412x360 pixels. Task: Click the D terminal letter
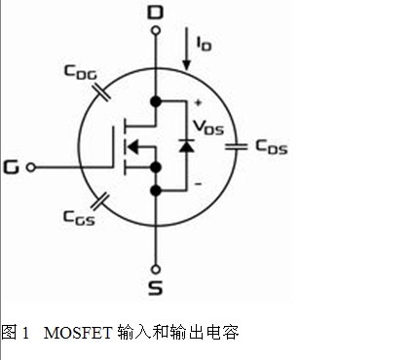pos(156,13)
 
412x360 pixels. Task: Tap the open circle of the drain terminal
pos(156,30)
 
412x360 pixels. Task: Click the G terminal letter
pos(12,167)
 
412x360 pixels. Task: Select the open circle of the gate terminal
pos(31,167)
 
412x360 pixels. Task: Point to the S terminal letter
pos(156,288)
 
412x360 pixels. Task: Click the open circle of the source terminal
pos(156,270)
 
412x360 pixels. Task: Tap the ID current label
pos(204,44)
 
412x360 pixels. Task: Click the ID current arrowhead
pos(186,65)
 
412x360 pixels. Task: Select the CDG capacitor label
pos(81,72)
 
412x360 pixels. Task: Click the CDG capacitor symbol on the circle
pos(101,93)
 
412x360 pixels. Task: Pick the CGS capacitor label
pos(79,217)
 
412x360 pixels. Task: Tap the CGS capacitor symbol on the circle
pos(100,201)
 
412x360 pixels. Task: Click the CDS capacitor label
pos(272,147)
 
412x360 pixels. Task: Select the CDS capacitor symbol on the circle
pos(237,147)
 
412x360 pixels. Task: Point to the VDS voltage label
pos(208,127)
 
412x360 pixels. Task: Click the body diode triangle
pos(187,146)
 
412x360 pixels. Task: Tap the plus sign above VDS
pos(198,103)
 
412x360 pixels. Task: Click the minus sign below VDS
pos(198,184)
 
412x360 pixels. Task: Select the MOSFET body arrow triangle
pos(132,147)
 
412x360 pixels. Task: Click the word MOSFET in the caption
pos(78,333)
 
